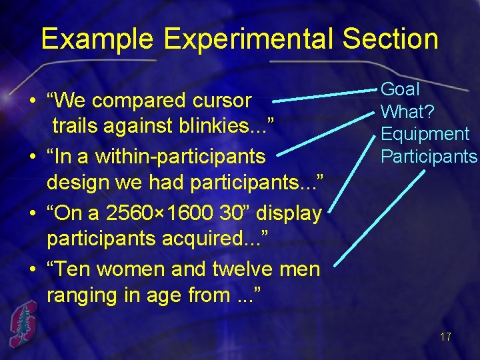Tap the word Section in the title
391,39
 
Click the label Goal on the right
400,89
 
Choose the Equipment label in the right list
425,134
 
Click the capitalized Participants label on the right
429,157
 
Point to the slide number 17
445,337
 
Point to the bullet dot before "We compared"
32,102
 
